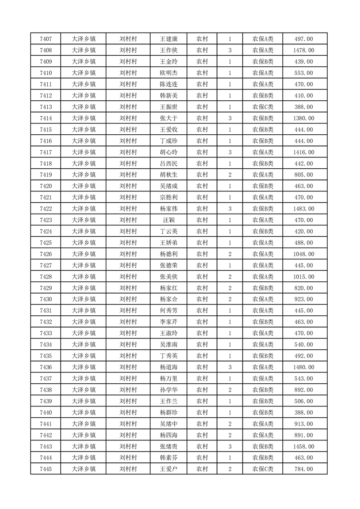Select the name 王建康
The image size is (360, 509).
click(168, 39)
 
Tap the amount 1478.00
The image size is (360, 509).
click(304, 50)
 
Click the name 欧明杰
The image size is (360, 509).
click(168, 73)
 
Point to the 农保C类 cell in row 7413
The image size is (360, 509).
click(263, 107)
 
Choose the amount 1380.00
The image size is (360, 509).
click(304, 118)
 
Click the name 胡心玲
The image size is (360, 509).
click(168, 152)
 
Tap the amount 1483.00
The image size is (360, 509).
click(304, 209)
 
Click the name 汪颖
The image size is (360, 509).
click(168, 220)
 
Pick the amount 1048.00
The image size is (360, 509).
click(304, 254)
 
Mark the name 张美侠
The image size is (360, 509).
click(168, 277)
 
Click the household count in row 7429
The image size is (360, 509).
click(230, 288)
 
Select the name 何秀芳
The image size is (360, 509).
click(168, 311)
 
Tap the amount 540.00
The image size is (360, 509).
click(304, 345)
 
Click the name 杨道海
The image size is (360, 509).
click(168, 367)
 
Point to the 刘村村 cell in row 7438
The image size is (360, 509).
click(128, 390)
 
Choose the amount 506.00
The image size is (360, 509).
click(304, 401)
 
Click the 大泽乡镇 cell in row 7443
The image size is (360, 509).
click(84, 446)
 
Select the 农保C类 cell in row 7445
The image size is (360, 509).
click(263, 469)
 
